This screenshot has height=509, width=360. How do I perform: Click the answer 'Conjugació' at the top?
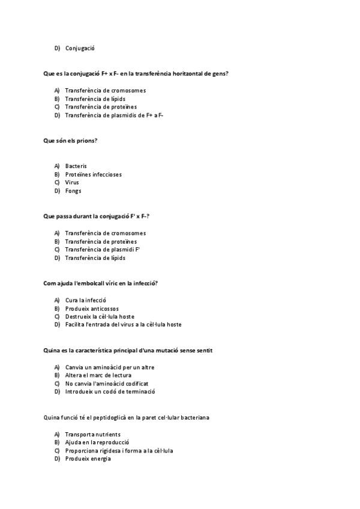coord(80,48)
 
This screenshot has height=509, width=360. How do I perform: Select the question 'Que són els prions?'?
coord(70,140)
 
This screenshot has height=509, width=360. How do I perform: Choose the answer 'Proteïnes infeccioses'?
coord(93,174)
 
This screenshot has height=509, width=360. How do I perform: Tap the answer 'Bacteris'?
coord(76,166)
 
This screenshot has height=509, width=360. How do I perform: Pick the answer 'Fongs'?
coord(73,191)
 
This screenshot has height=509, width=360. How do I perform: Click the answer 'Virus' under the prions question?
coord(72,182)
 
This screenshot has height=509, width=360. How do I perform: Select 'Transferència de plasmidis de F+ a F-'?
coord(114,115)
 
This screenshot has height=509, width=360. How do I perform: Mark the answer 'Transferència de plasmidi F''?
coord(102,249)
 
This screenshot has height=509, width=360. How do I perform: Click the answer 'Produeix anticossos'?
coord(92,308)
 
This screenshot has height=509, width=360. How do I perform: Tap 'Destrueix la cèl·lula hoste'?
coord(100,316)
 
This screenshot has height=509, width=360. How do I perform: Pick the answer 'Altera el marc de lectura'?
coord(98,375)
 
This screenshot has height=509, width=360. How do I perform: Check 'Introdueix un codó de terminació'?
coord(110,392)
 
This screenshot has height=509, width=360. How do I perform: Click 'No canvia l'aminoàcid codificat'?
coord(106,384)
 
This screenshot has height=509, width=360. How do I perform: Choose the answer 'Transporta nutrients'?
coord(92,434)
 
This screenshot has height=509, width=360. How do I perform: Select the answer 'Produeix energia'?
coord(88,459)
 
